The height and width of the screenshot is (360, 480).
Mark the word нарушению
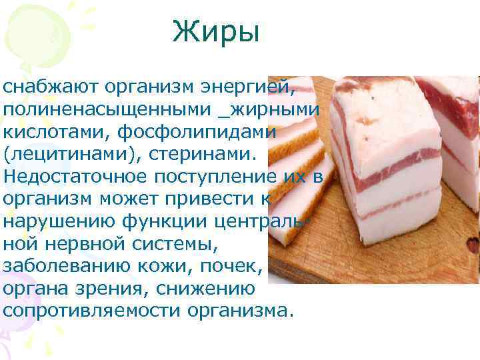point(56,221)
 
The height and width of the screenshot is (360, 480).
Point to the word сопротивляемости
point(93,311)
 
